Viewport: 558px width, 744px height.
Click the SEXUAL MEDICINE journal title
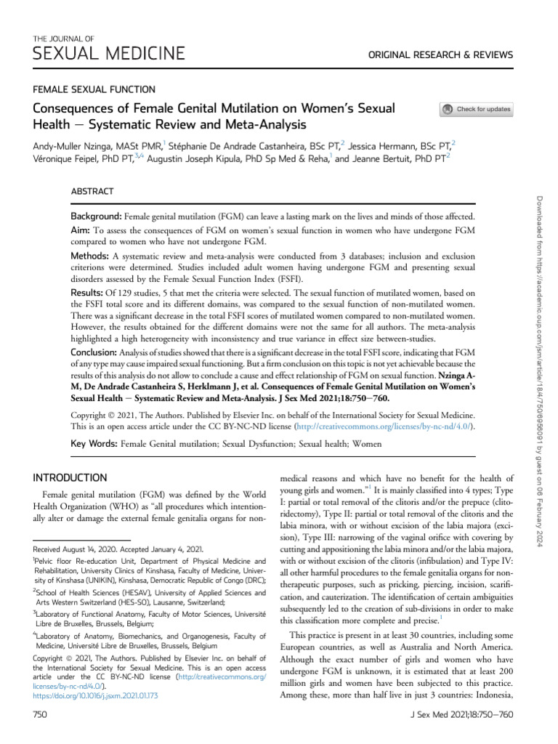(108, 53)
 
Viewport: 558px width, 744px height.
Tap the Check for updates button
(477, 110)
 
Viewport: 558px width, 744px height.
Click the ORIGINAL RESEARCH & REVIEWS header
(451, 55)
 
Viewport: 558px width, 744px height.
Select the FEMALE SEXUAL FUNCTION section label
(94, 89)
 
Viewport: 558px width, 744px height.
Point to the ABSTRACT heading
(92, 191)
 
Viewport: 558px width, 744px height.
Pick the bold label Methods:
(89, 256)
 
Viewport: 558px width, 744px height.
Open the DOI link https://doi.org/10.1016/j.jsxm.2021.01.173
(96, 695)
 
